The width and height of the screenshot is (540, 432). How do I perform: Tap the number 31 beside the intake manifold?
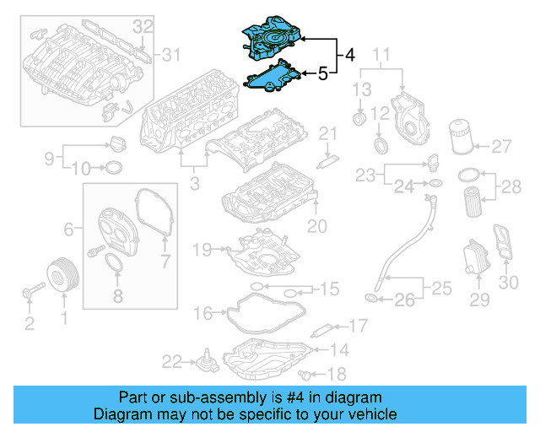[172, 56]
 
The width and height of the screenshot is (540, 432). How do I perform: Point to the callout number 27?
[502, 146]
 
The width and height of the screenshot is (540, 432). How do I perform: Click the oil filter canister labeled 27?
[460, 136]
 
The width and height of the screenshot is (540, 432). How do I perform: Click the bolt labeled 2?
[30, 294]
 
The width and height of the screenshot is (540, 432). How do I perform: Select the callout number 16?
[202, 314]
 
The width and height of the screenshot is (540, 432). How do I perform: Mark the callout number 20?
[316, 226]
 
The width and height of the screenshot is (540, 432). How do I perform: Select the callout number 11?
[381, 57]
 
